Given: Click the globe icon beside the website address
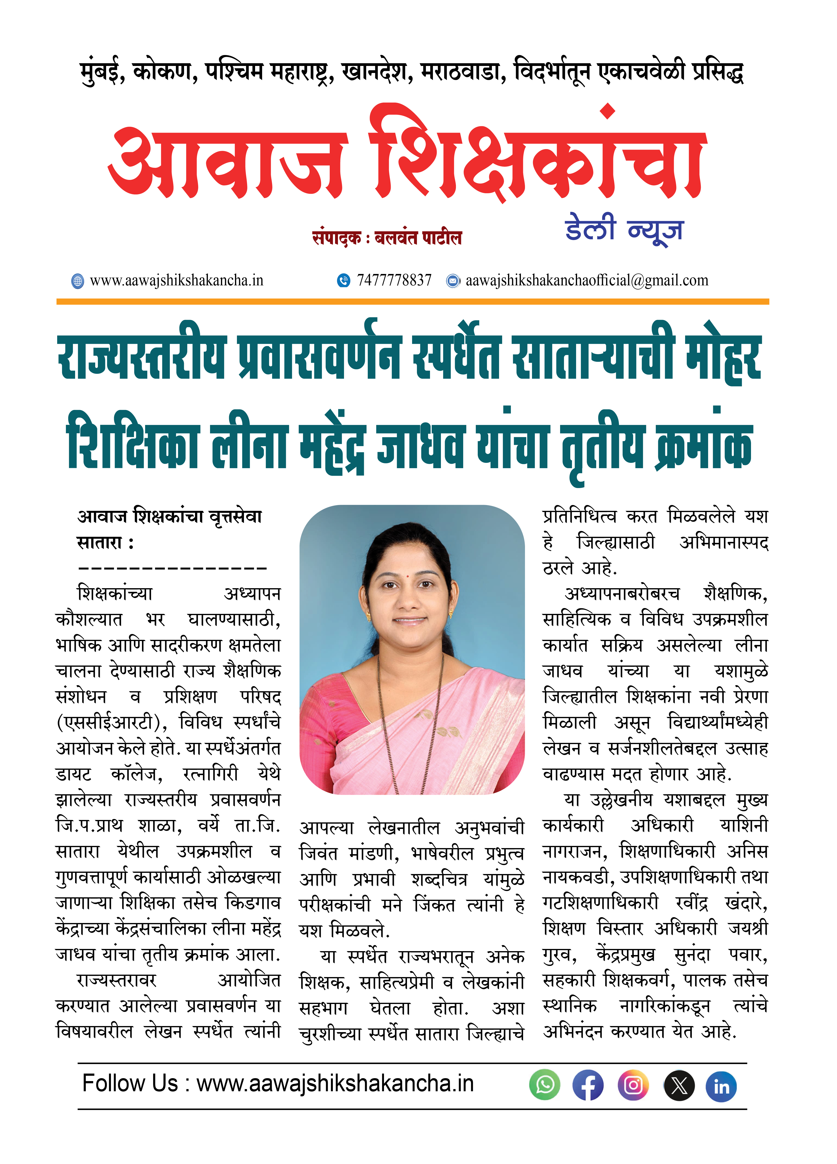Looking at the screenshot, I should coord(78,281).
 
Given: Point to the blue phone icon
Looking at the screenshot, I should coord(343,281).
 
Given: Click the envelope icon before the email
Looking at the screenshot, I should coord(453,281).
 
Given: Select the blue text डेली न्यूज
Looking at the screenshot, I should coord(624,229).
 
